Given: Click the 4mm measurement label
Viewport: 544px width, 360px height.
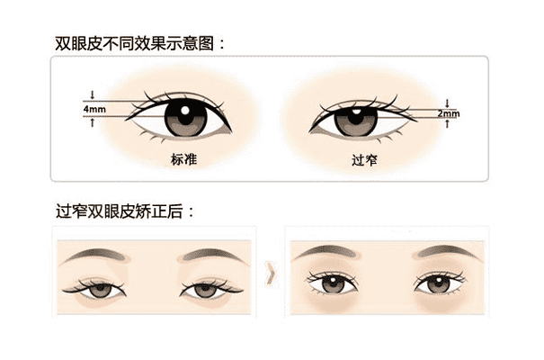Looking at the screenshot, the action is coord(94,109).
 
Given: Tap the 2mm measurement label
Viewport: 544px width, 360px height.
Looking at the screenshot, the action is coord(449,113).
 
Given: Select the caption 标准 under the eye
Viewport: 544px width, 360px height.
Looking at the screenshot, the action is coord(183,159).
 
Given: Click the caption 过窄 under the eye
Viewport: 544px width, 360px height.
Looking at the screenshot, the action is coord(364,160).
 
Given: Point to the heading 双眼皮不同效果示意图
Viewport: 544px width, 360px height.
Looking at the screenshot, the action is coord(134,43).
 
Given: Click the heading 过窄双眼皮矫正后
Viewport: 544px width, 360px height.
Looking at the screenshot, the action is coord(119,211).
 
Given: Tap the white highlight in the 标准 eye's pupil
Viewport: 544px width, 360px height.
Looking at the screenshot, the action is coord(185,111).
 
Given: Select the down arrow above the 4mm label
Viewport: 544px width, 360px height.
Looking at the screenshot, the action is coord(93,94).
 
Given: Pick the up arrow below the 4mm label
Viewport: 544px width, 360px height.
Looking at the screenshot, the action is coord(93,122).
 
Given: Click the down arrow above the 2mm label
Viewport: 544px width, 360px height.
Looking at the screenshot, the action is coord(447,103).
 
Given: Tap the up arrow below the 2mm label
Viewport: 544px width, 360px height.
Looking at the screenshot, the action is coord(447,123).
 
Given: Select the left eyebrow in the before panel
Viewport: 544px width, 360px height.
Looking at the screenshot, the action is coord(95,256).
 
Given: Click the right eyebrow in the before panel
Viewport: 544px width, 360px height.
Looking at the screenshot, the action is coord(212,256).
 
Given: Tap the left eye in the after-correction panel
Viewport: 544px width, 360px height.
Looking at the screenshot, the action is coord(333,283).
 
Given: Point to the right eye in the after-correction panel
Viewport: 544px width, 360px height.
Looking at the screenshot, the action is coord(439,283).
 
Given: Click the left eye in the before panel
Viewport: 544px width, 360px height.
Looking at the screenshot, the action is coord(94,288).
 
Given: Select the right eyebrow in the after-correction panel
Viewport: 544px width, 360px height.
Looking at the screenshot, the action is coord(449,253).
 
